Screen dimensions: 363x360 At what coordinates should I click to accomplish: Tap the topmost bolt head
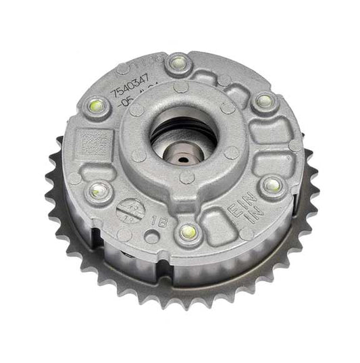[178, 63]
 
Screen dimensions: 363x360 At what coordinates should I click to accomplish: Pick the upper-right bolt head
[263, 102]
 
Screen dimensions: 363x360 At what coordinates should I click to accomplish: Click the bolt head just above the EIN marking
[272, 184]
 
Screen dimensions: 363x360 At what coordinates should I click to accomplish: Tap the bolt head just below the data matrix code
[100, 190]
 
